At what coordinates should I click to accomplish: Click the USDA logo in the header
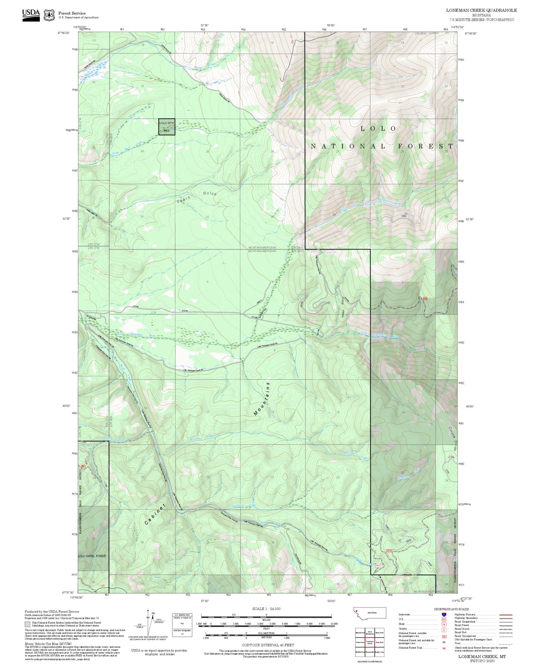(x=31, y=14)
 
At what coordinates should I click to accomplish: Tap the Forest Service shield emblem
(x=49, y=15)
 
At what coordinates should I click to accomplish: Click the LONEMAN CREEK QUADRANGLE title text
(x=481, y=10)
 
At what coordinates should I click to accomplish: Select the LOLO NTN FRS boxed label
(x=167, y=126)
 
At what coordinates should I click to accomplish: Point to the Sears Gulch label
(x=197, y=197)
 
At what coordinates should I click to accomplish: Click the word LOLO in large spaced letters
(x=378, y=129)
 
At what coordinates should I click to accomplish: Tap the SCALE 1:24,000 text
(x=266, y=609)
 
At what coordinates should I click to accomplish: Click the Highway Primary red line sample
(x=506, y=615)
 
